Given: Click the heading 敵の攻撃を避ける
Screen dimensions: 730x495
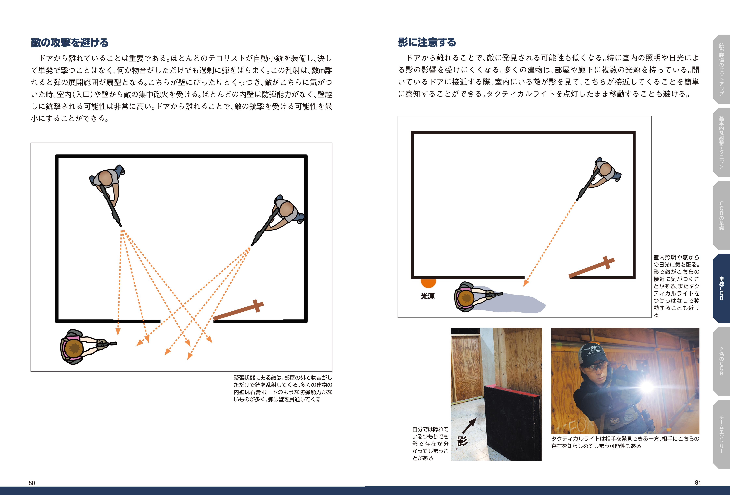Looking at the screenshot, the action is pyautogui.click(x=70, y=42).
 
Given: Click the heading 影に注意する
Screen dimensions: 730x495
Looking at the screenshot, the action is pyautogui.click(x=427, y=42).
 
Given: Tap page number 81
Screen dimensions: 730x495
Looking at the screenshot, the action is pyautogui.click(x=698, y=482).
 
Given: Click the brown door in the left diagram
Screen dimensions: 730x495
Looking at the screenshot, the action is pyautogui.click(x=239, y=310).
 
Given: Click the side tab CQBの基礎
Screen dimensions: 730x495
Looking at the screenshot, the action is pyautogui.click(x=721, y=215).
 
